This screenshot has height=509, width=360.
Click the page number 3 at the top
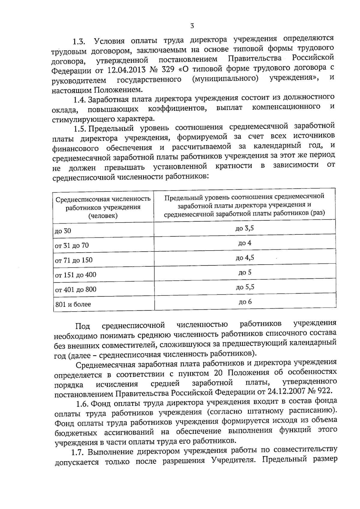click(192, 26)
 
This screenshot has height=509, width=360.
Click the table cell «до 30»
click(63, 231)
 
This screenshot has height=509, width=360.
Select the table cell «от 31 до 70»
click(72, 245)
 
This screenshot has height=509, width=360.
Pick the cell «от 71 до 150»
click(74, 260)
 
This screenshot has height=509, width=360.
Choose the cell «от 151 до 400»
click(76, 275)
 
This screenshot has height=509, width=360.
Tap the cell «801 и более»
click(73, 304)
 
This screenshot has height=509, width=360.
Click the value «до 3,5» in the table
click(244, 228)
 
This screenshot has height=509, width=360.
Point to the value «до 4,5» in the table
click(245, 258)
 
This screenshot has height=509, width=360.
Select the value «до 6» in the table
click(245, 302)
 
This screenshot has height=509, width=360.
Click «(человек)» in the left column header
click(103, 216)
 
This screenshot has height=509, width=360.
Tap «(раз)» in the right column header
click(318, 213)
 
